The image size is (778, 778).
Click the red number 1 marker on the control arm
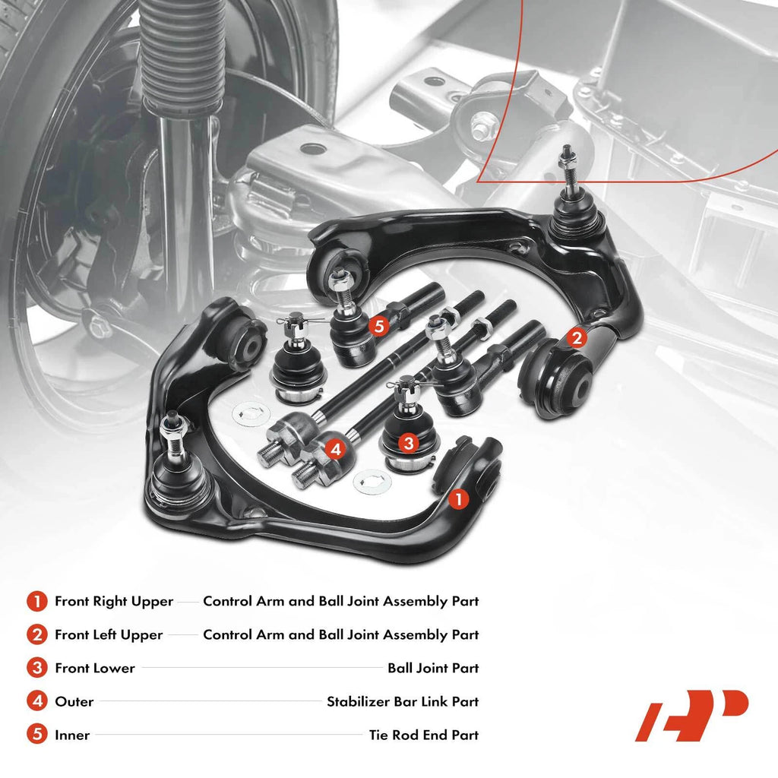coord(458,498)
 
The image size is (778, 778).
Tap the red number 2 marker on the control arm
coord(577,338)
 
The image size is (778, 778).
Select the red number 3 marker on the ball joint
coord(408,443)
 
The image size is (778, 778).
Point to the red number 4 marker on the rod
coord(336,449)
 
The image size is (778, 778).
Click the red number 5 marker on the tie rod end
coord(379,326)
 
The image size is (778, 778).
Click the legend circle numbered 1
coord(37,602)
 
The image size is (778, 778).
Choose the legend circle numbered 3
coord(37,668)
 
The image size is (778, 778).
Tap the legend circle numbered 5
coord(37,735)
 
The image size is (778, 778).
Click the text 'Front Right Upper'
coord(114,602)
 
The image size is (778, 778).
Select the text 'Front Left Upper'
coord(109,634)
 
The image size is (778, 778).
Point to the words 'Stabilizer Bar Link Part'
coord(403,701)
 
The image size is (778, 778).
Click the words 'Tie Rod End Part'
coord(424,735)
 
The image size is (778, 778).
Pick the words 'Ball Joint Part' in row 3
coord(433,668)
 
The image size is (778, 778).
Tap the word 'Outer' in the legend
coord(74,701)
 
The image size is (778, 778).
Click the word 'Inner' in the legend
coord(72,735)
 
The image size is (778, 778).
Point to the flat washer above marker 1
coord(372,481)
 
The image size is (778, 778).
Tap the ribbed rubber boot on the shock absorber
coord(182,55)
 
